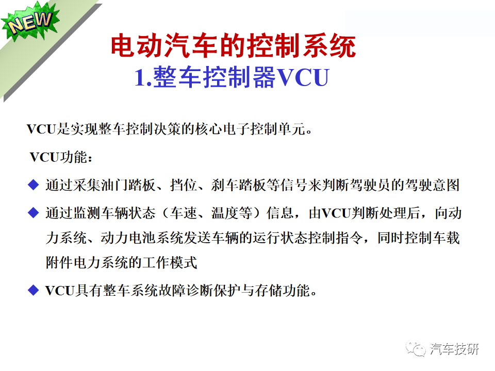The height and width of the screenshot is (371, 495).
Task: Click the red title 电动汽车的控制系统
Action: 234,47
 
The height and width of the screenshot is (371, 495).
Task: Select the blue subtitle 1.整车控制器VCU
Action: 232,78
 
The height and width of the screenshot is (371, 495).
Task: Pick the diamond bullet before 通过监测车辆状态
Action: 34,212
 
